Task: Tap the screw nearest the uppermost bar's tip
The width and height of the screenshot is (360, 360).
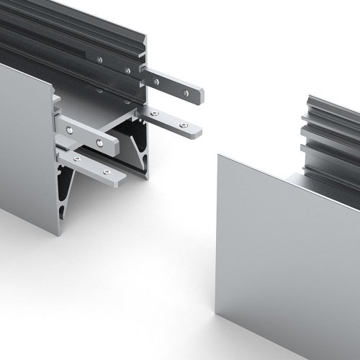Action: (x=186, y=92)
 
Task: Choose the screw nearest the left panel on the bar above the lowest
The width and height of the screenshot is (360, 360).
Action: (x=68, y=130)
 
